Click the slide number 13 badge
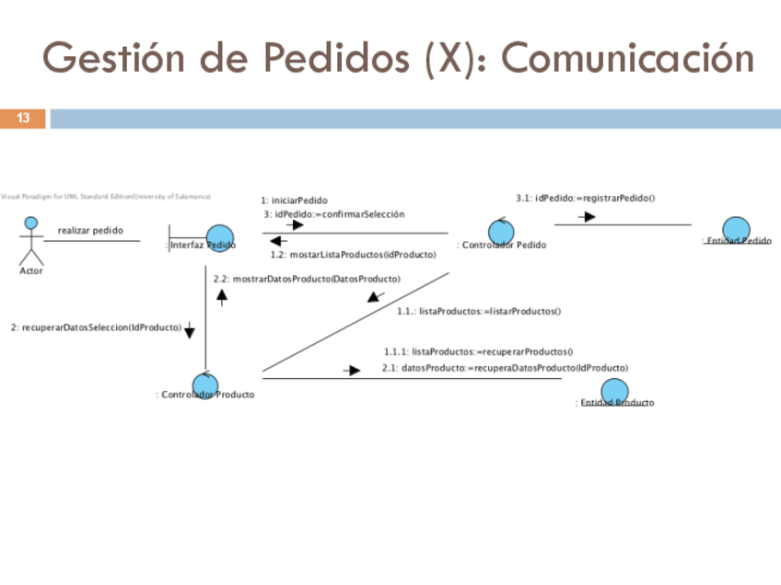(x=23, y=118)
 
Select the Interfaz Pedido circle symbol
(x=219, y=238)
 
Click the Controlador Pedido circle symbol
(x=502, y=231)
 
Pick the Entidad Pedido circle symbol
(x=736, y=231)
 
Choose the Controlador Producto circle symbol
(x=204, y=386)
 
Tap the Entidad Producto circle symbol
(x=614, y=393)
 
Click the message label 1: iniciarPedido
(x=294, y=201)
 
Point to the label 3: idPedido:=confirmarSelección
(x=333, y=213)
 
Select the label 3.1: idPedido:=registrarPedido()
(x=585, y=197)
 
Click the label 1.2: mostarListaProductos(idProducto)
(x=353, y=255)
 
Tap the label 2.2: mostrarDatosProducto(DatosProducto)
(x=307, y=278)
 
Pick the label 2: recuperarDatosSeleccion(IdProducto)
(x=96, y=327)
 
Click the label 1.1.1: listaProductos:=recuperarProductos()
(x=478, y=350)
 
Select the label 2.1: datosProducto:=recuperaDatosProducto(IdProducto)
(x=505, y=368)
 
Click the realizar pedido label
(x=90, y=230)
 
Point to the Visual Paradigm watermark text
(x=105, y=196)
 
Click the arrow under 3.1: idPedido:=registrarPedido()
(x=587, y=217)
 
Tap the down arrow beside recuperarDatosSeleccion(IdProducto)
(x=190, y=330)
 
